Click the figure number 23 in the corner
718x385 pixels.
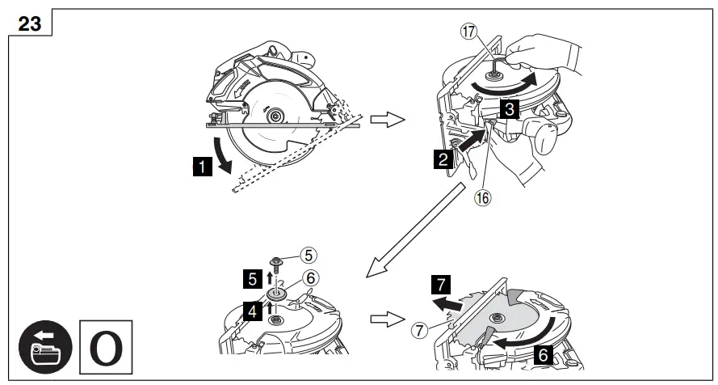29,23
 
